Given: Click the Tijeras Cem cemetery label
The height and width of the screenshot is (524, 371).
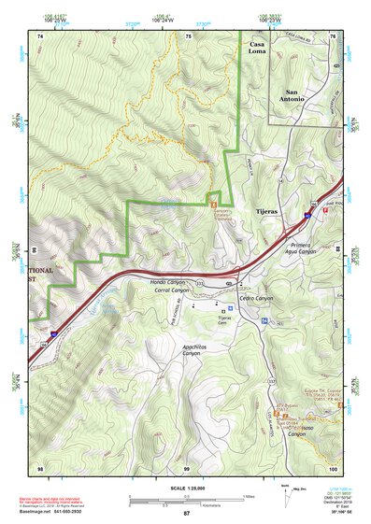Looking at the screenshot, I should pyautogui.click(x=224, y=320).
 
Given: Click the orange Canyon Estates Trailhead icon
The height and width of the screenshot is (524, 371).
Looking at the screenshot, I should pyautogui.click(x=213, y=198).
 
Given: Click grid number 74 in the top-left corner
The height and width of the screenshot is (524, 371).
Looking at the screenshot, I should pyautogui.click(x=40, y=35).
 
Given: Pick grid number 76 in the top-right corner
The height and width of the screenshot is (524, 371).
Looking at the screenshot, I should pyautogui.click(x=333, y=35).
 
